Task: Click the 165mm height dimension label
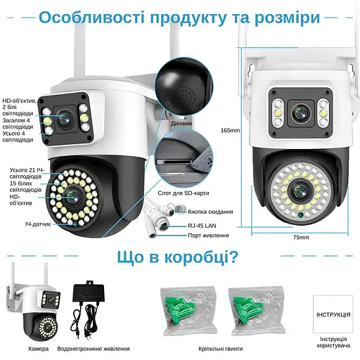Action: (230, 130)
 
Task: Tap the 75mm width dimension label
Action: (301, 238)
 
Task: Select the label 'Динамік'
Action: (182, 122)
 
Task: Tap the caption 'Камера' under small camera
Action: (39, 348)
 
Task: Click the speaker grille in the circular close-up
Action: (184, 91)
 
